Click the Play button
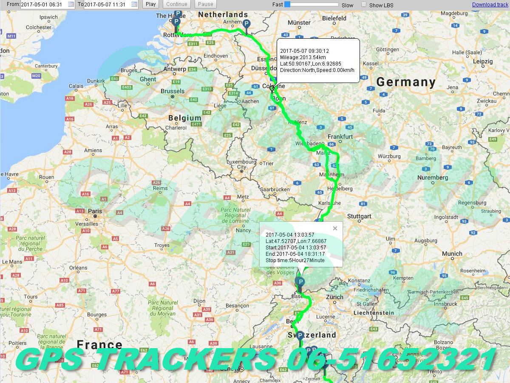point(150,4)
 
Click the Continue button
point(176,4)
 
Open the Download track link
point(490,5)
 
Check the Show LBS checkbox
point(364,5)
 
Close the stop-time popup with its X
point(335,229)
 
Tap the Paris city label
point(95,211)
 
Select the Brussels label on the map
point(173,91)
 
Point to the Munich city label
point(452,254)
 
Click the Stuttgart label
point(359,216)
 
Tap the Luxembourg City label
point(242,164)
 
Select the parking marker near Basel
point(300,282)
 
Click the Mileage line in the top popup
point(303,57)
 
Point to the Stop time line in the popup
point(295,260)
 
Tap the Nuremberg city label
point(433,177)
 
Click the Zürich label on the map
point(335,297)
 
